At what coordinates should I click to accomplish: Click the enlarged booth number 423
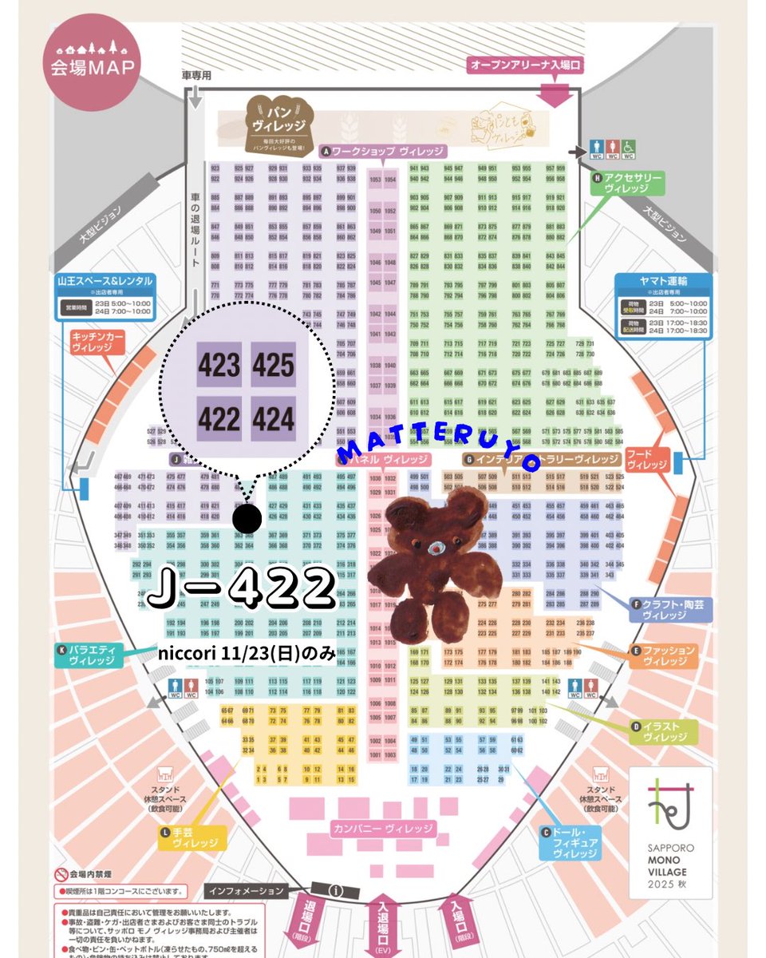(x=220, y=365)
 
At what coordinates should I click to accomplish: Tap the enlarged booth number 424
(x=273, y=418)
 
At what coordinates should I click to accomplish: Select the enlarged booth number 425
(x=273, y=365)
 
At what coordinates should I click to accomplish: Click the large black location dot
(x=247, y=518)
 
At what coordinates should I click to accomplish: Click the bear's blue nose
(x=435, y=550)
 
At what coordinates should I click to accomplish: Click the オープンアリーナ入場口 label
(x=525, y=65)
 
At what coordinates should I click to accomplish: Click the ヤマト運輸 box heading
(x=663, y=281)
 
